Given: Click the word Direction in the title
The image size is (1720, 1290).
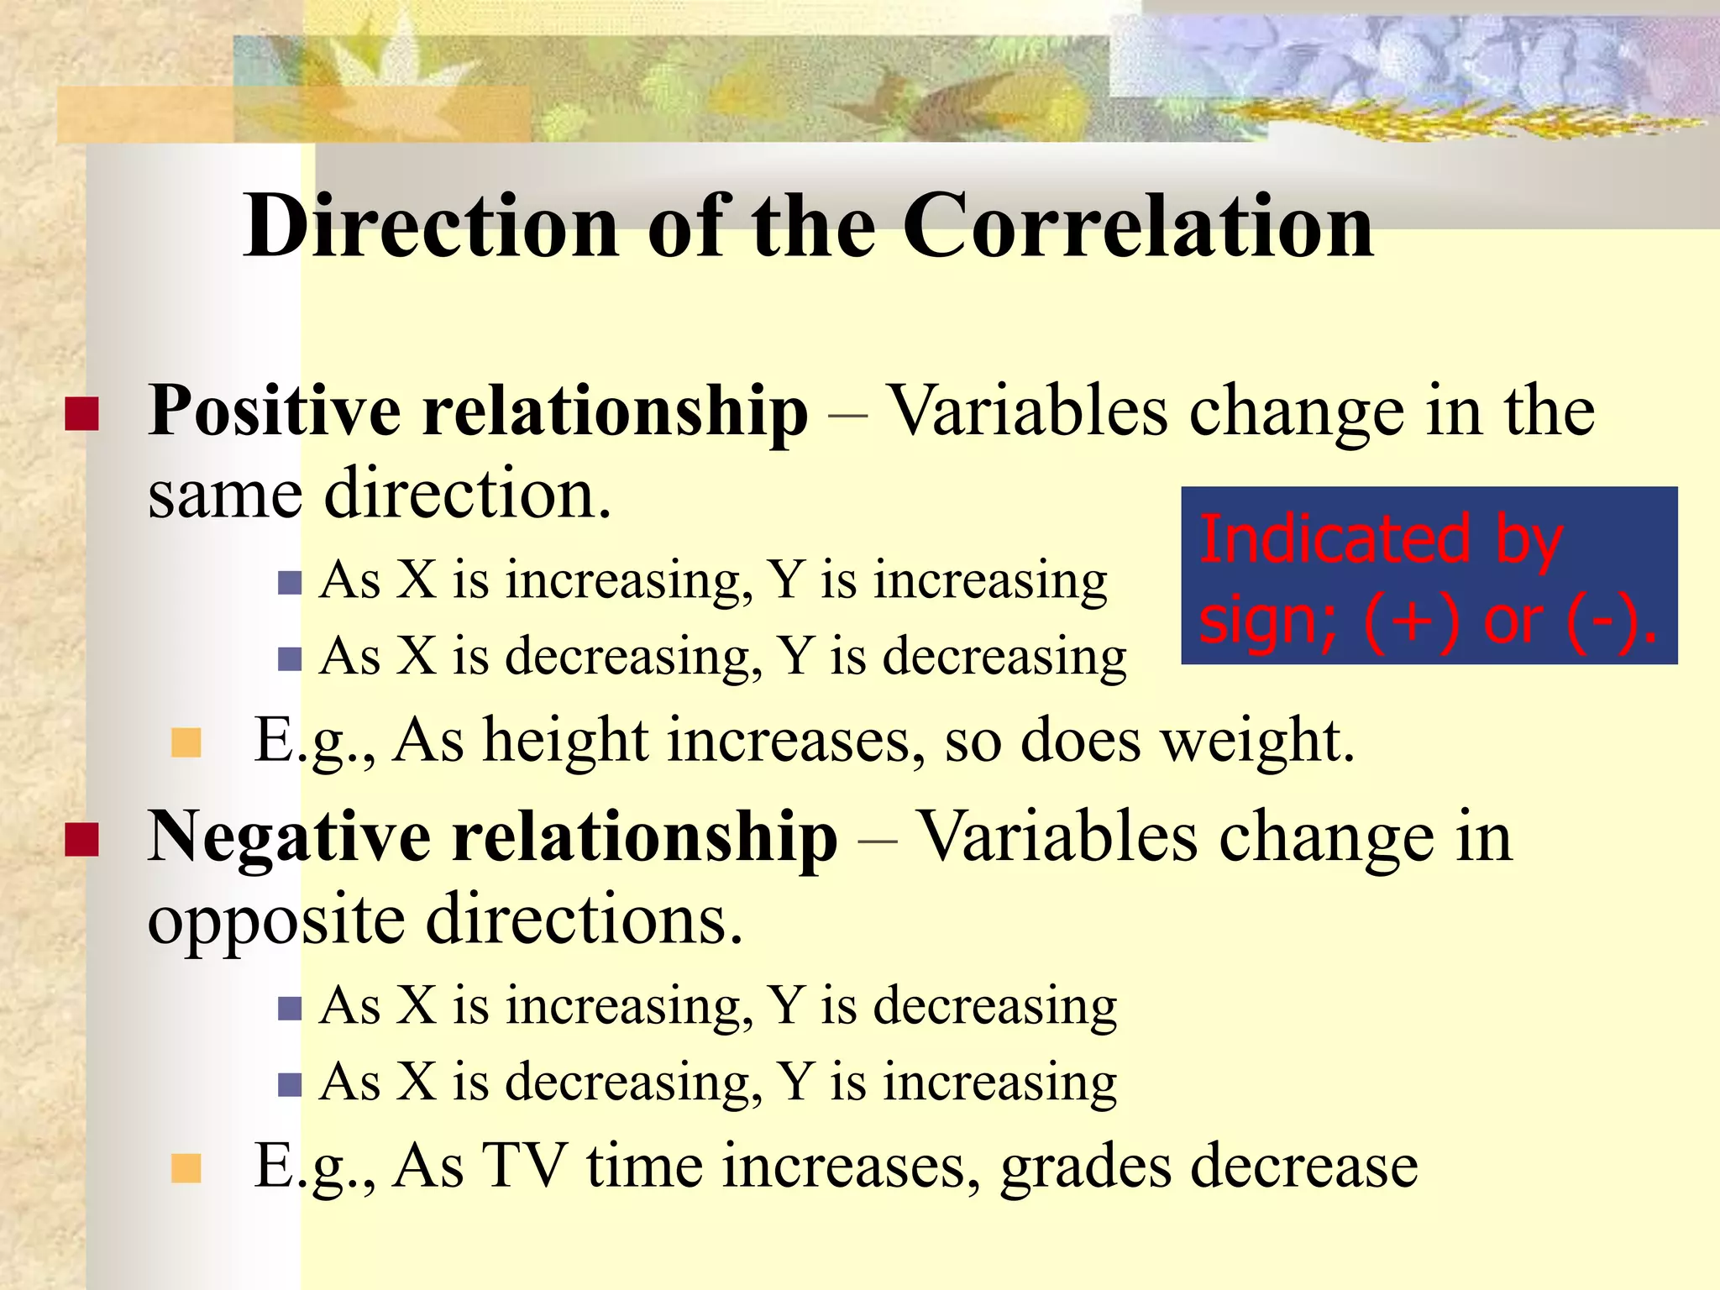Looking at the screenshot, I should (431, 225).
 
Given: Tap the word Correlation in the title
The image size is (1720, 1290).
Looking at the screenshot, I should (1137, 225).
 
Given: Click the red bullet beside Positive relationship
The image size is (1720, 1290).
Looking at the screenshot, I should (82, 414).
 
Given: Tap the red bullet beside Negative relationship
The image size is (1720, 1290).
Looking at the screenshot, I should (82, 839).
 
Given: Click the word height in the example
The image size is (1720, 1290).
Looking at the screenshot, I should (564, 742).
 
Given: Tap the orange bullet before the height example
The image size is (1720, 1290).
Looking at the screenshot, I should (186, 742).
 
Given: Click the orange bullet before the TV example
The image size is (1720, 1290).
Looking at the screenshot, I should (186, 1167).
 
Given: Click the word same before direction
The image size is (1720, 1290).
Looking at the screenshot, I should (224, 495).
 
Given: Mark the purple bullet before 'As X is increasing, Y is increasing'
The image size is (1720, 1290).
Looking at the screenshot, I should (290, 583).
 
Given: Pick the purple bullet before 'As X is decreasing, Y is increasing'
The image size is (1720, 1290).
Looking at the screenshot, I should (290, 1085).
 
